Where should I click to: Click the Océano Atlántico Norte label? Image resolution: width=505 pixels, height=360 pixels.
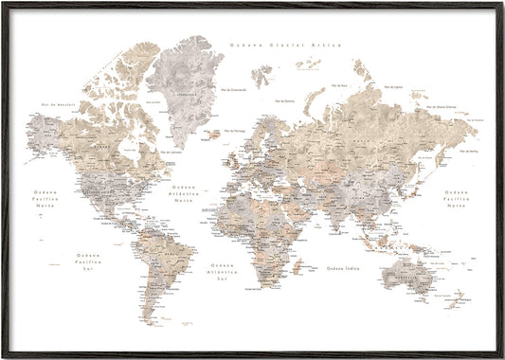(x=189, y=192)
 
